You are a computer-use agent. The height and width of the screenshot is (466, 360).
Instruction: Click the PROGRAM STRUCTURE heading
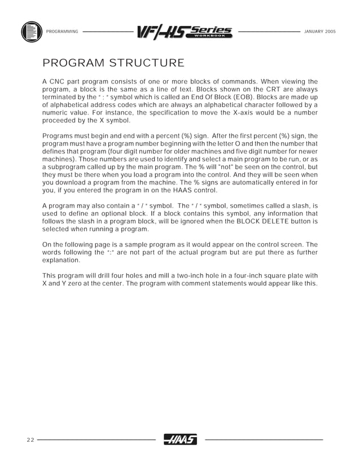pos(113,62)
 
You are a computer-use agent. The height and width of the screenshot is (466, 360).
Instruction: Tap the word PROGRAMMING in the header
pos(62,30)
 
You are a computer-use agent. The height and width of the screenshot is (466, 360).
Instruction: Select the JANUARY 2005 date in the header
pos(319,30)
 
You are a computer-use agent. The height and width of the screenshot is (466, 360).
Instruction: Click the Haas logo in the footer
pos(180,439)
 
